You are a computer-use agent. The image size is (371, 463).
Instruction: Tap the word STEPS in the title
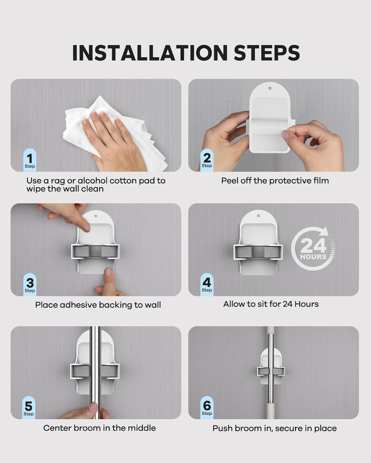pos(267,53)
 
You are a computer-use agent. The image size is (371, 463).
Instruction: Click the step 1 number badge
pos(30,160)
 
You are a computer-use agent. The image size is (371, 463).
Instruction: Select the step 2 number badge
pos(207,160)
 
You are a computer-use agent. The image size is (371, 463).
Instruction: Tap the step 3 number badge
pos(30,284)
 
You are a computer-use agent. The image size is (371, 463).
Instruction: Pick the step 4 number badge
pos(207,284)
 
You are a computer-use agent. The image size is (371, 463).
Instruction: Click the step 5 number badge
pos(29,408)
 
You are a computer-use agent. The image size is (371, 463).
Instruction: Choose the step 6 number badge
pos(207,407)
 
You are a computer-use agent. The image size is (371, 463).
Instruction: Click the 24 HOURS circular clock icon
pos(313,249)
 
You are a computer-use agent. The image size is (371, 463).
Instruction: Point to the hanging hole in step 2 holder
pos(270,88)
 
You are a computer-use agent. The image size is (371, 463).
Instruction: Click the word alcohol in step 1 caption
pos(92,180)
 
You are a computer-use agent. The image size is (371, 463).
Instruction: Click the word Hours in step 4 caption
pos(307,304)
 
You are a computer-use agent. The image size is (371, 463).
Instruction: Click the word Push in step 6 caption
pos(222,428)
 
